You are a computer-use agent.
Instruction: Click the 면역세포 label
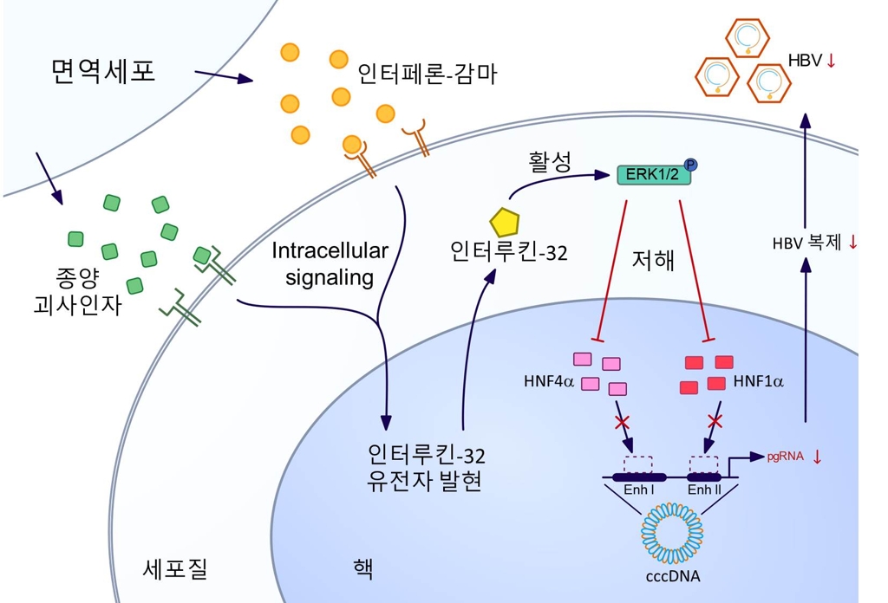pos(103,71)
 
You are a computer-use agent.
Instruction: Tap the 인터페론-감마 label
pos(428,73)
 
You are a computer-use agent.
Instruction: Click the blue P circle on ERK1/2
pos(691,165)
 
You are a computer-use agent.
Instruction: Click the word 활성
pos(551,162)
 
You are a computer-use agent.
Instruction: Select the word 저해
pos(652,261)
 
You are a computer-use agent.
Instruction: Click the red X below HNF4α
pos(621,423)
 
